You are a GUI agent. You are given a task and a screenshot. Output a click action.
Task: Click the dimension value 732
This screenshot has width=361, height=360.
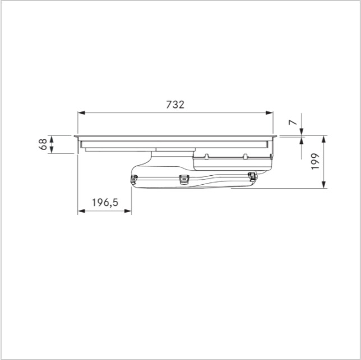[x=175, y=105]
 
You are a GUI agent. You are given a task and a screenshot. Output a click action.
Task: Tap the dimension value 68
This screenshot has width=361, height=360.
[x=43, y=144]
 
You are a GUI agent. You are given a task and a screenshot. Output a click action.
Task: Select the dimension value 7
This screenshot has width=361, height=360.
[x=293, y=122]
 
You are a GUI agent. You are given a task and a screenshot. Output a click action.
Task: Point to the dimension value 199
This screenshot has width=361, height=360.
[x=316, y=161]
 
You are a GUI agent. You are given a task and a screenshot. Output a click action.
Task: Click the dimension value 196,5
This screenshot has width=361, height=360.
[x=105, y=203]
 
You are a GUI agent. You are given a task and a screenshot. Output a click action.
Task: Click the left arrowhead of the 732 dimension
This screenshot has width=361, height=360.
[x=81, y=113]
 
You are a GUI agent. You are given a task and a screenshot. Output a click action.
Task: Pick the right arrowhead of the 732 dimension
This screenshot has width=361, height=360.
[x=270, y=113]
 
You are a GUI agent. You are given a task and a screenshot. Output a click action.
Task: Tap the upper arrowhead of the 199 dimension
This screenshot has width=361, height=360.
[x=323, y=139]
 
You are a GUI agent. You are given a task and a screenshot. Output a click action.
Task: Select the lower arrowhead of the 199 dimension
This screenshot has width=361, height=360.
[x=323, y=185]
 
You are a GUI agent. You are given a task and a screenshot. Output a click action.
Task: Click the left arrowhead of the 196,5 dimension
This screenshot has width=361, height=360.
[x=81, y=211]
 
